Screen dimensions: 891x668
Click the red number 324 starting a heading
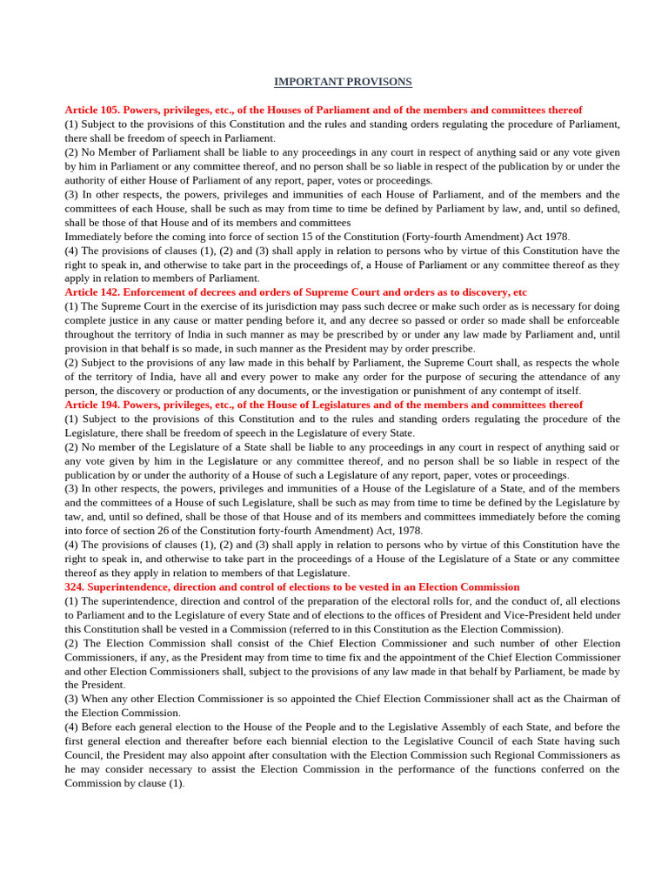(75, 587)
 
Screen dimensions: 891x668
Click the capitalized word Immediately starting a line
(97, 237)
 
